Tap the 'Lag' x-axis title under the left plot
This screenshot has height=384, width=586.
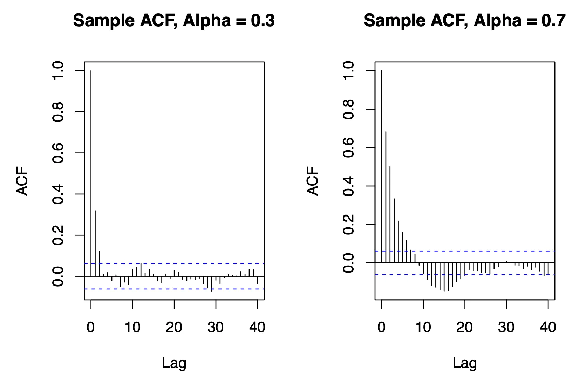point(174,363)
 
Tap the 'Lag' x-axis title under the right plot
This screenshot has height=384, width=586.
point(465,363)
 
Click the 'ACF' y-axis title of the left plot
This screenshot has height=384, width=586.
point(22,181)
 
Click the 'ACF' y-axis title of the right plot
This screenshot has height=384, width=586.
point(313,181)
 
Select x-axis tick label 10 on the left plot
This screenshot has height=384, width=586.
point(132,327)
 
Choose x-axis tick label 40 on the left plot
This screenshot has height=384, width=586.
point(257,327)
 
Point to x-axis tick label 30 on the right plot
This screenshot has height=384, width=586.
point(506,327)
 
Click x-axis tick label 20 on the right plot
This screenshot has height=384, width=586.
point(465,327)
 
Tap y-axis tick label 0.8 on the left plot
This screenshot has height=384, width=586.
point(58,112)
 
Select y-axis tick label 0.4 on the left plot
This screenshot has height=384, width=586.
point(58,194)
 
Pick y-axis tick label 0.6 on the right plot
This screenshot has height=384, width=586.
point(349,148)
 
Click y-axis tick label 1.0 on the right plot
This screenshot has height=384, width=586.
point(349,71)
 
